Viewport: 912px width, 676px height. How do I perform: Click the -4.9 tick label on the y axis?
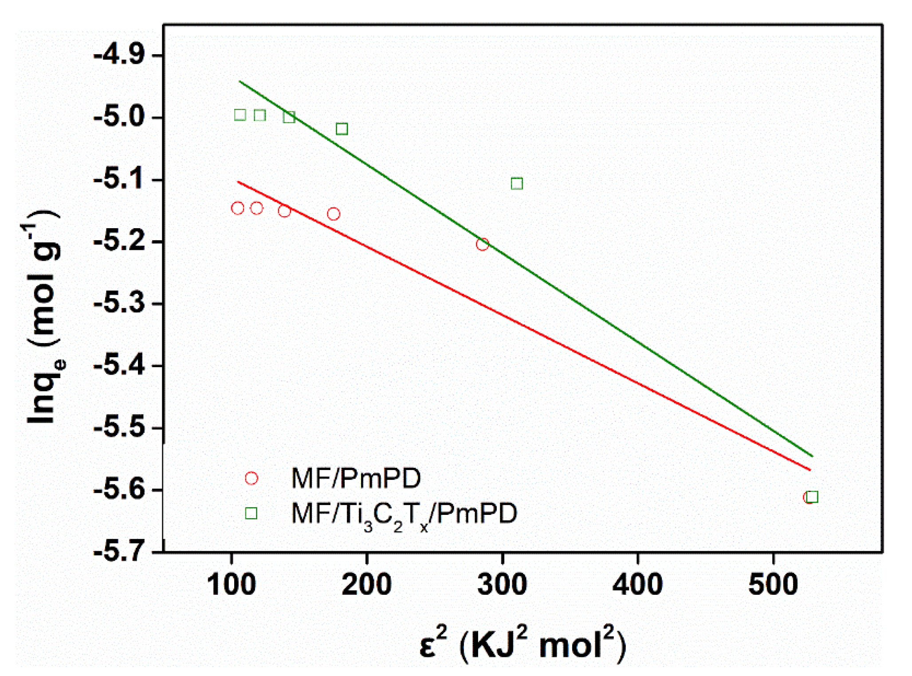tap(119, 56)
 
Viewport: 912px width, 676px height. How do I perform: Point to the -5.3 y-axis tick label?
tap(119, 304)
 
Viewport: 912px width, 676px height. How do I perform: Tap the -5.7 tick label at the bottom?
tap(119, 553)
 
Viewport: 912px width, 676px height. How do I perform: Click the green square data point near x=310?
tap(517, 183)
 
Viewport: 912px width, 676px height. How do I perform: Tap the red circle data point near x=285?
tap(482, 244)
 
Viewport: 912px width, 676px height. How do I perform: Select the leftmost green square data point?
tap(240, 115)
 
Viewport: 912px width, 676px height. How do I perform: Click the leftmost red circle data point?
tap(238, 208)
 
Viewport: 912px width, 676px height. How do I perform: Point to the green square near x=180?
tap(342, 129)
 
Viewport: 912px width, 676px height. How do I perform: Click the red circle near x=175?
tap(334, 214)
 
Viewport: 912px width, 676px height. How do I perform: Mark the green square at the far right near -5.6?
tap(812, 497)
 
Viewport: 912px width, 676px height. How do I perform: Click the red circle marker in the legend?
tap(252, 478)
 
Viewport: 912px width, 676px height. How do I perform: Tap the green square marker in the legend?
tap(252, 513)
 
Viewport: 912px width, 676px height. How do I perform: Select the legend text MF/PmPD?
tap(356, 478)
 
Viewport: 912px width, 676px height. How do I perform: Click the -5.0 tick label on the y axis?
tap(119, 118)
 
